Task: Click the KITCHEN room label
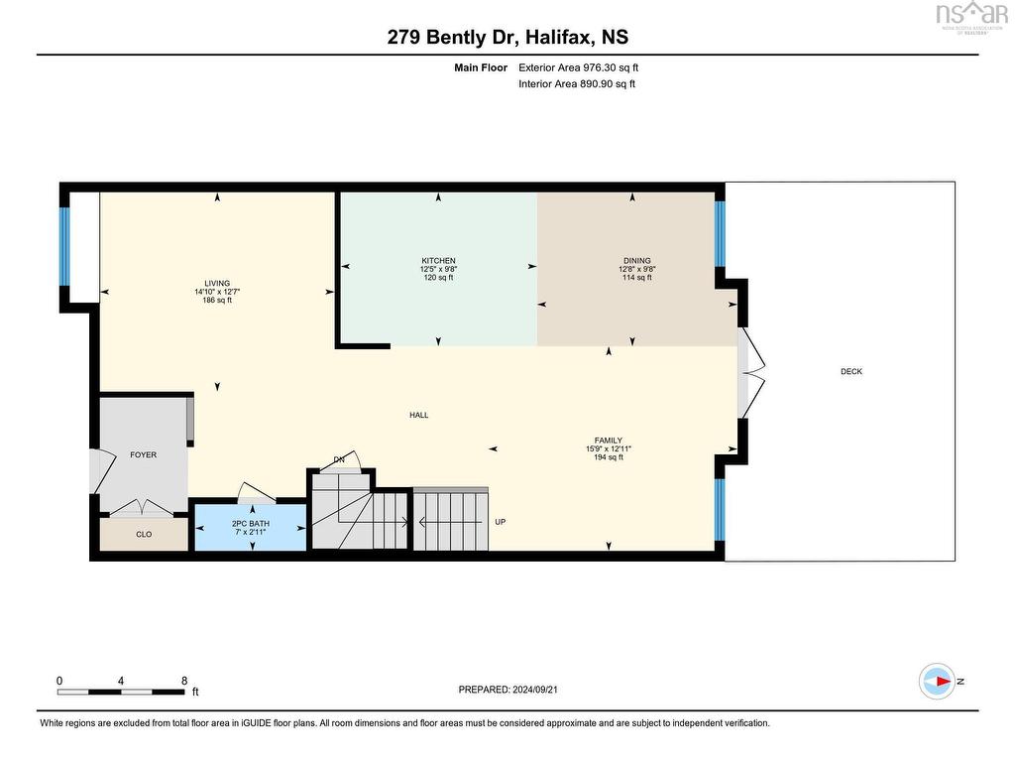(437, 261)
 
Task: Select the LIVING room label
(217, 284)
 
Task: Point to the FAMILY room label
(608, 441)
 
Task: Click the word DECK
(851, 372)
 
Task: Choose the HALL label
(419, 415)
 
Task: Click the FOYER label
(144, 454)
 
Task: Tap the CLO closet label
(144, 534)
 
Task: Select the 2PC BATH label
(250, 523)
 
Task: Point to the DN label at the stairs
(339, 459)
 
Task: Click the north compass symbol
(938, 681)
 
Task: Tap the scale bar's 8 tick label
(184, 681)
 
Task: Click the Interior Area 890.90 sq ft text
(576, 84)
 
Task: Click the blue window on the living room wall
(65, 246)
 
